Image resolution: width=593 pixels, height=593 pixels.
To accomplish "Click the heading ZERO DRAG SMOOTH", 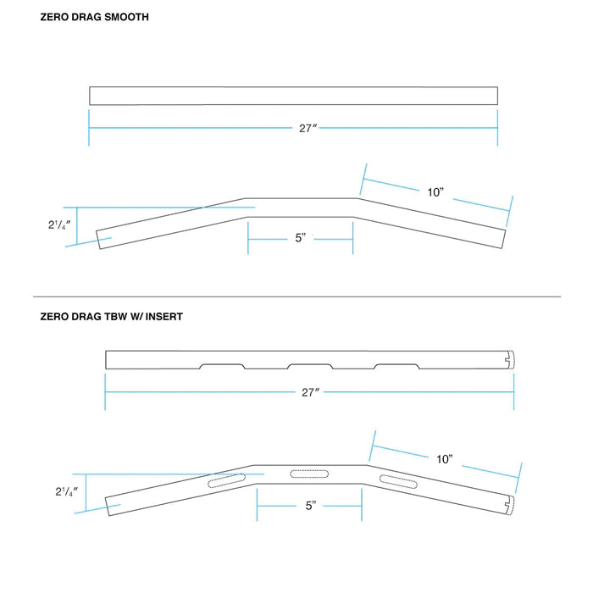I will (94, 17).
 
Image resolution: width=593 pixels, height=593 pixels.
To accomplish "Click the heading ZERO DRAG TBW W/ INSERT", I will (111, 318).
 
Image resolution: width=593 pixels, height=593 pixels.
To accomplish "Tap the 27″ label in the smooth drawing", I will (308, 129).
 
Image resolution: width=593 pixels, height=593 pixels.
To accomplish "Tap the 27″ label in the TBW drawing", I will (309, 393).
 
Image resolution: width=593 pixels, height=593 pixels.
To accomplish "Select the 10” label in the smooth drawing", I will (435, 192).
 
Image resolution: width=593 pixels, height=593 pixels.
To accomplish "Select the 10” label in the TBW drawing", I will (445, 459).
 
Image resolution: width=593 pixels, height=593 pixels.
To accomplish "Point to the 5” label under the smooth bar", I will (300, 239).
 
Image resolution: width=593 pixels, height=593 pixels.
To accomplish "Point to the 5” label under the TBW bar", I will (311, 506).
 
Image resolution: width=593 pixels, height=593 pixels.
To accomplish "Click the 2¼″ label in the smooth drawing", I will (59, 226).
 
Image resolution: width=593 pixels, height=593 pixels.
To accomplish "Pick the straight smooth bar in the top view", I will (293, 96).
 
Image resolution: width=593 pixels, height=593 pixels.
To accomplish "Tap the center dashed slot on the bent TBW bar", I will (309, 473).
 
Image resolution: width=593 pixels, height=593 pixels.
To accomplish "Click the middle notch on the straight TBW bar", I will (309, 366).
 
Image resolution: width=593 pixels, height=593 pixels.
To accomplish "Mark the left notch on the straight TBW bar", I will (221, 366).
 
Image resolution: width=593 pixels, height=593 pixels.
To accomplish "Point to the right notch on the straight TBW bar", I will (396, 366).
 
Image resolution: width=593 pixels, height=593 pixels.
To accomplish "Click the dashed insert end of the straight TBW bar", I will (510, 360).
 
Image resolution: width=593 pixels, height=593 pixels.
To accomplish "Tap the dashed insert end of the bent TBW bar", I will (511, 504).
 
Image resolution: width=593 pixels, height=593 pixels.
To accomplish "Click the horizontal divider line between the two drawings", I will (296, 296).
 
